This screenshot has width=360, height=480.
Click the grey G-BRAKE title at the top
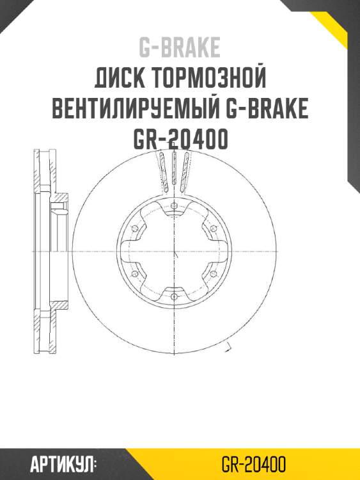pos(180,47)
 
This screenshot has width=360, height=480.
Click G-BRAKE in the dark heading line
pos(267,109)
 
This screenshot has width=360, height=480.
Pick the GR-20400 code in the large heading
pos(180,140)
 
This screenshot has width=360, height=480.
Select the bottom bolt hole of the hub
pos(174,297)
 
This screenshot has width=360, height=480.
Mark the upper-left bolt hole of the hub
pos(134,228)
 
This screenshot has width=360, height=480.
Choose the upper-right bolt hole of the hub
pos(214,228)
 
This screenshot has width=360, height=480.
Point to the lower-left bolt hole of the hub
pos(134,274)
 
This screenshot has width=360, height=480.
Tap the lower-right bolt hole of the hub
pos(214,274)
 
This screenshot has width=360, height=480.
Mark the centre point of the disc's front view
pos(174,251)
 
